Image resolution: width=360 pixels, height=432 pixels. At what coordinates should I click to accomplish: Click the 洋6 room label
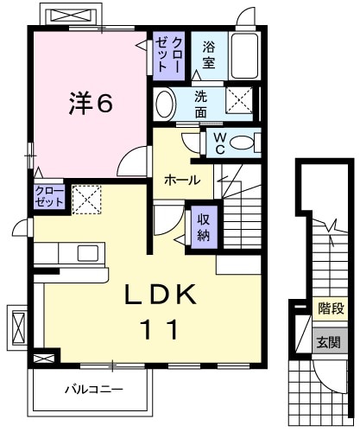pyautogui.click(x=91, y=104)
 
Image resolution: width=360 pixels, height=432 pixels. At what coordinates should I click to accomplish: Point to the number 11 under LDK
pyautogui.click(x=155, y=329)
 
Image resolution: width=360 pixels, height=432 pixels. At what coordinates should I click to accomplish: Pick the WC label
pyautogui.click(x=218, y=142)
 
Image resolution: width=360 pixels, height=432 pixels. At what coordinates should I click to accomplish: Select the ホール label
pyautogui.click(x=182, y=181)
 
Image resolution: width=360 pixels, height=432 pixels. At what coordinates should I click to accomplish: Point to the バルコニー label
pyautogui.click(x=92, y=390)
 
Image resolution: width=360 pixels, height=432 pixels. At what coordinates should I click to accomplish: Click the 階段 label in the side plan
pyautogui.click(x=329, y=308)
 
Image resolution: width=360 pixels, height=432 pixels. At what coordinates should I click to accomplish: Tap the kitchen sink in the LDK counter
pyautogui.click(x=87, y=252)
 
